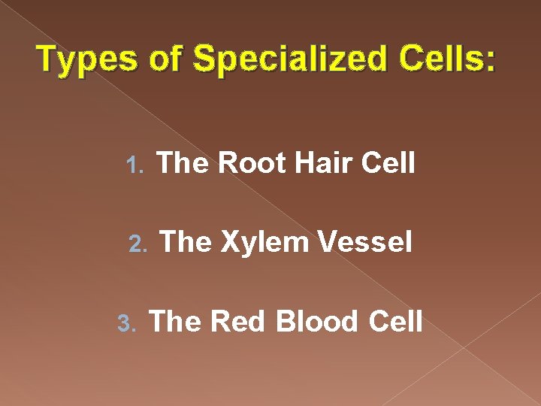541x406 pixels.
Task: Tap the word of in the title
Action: click(166, 59)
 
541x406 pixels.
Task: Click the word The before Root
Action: click(183, 163)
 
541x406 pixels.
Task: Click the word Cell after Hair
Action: click(388, 163)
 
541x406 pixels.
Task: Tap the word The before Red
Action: click(177, 321)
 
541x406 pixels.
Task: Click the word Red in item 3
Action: click(237, 321)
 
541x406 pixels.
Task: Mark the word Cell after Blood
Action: click(396, 321)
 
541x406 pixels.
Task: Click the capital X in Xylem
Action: click(230, 242)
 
